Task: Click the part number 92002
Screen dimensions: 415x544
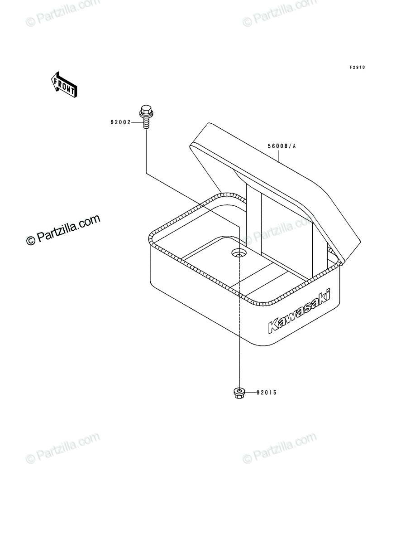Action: pos(120,122)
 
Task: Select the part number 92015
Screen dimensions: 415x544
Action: pos(267,393)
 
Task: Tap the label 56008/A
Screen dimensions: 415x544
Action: pos(281,146)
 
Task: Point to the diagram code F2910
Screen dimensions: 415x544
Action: pos(357,68)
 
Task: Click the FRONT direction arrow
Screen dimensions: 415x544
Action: pos(64,84)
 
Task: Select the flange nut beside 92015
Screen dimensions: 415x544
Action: pos(239,393)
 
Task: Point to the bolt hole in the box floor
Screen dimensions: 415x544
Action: pos(239,253)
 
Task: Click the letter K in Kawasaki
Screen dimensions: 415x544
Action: pos(273,326)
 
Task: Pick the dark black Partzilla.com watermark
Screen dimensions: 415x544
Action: pos(63,230)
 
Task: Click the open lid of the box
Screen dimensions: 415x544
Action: pos(275,193)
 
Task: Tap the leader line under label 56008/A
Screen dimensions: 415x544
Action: pos(278,156)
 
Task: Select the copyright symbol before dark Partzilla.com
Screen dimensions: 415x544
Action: pos(31,240)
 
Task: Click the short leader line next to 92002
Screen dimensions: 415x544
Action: pos(137,122)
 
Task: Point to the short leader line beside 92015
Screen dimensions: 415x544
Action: pos(250,393)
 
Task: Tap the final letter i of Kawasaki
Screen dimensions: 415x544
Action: pos(327,295)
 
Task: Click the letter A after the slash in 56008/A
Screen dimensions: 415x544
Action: pos(294,146)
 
